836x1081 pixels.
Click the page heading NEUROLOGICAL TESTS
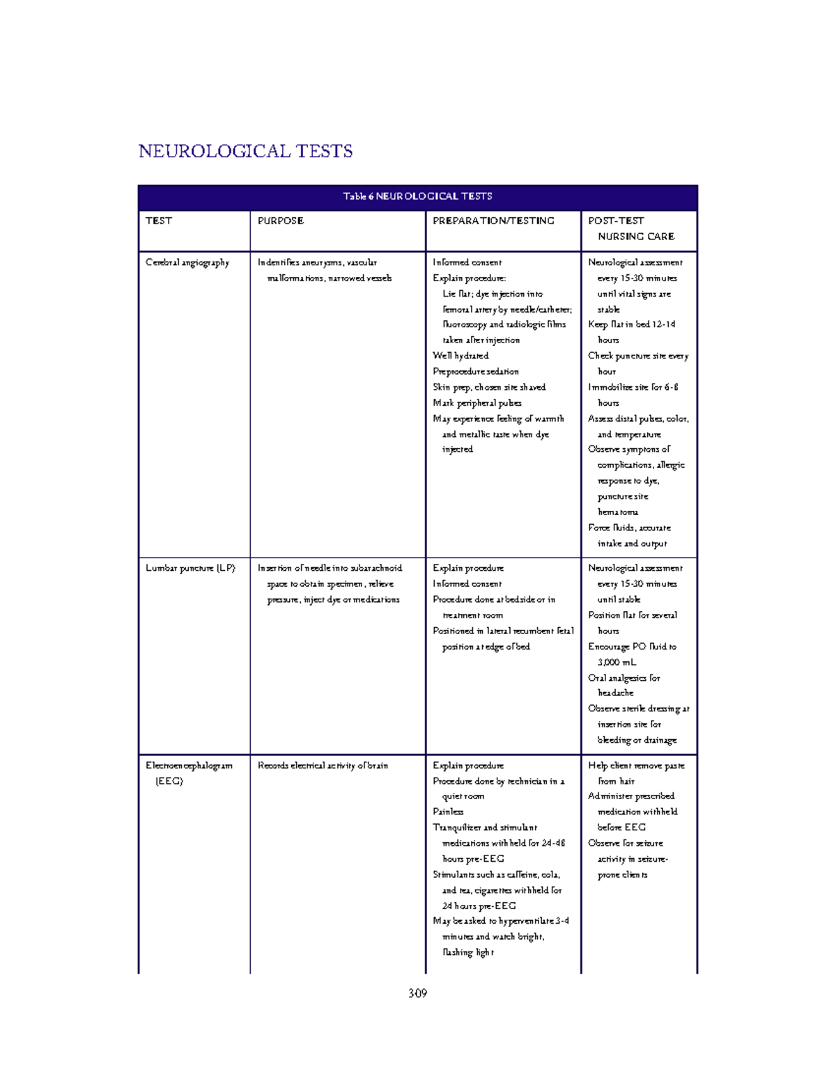click(x=245, y=151)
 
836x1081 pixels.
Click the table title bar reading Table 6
click(x=417, y=196)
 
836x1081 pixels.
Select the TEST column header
click(x=159, y=221)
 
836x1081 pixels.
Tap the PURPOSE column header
click(x=281, y=221)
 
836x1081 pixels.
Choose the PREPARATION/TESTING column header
click(x=493, y=221)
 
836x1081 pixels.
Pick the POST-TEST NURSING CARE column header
click(x=631, y=228)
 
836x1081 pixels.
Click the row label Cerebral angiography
click(x=187, y=262)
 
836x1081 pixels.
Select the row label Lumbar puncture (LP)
click(x=190, y=568)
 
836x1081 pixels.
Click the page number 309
click(x=417, y=993)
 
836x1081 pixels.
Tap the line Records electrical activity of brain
click(x=323, y=766)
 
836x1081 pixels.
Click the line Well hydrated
click(x=460, y=356)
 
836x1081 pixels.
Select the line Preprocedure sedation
click(x=475, y=372)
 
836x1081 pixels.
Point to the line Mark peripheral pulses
click(x=477, y=403)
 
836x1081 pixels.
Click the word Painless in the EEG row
click(x=448, y=812)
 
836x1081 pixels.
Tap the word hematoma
click(x=618, y=512)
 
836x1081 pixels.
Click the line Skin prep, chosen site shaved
click(x=489, y=387)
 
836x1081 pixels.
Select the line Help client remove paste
click(x=636, y=766)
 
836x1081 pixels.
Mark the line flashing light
click(x=468, y=952)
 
